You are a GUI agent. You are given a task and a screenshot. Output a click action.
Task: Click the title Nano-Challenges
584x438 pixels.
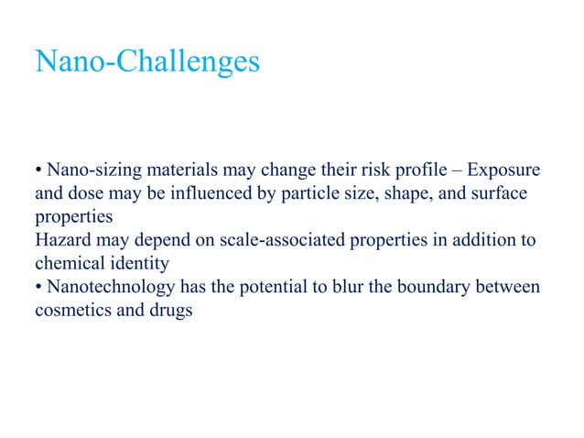(x=146, y=61)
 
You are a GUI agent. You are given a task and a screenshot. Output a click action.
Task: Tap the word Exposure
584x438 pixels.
(x=504, y=171)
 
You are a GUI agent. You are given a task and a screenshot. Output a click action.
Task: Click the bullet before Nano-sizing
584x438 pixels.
(x=38, y=172)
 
